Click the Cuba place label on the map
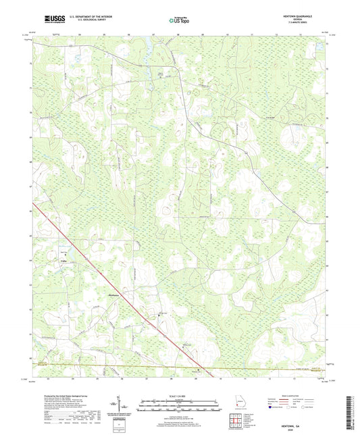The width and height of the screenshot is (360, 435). (47, 260)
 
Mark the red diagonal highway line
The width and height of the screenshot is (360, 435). (101, 270)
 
